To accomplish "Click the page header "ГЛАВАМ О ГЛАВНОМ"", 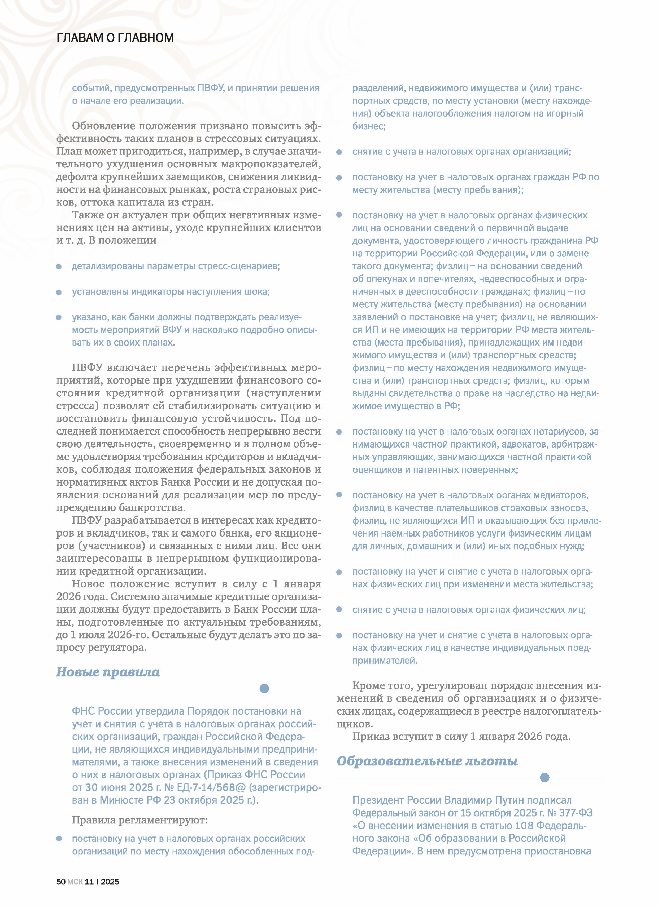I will [x=115, y=38].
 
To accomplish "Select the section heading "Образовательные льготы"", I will [x=427, y=761].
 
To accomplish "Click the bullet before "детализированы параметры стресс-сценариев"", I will [x=59, y=267].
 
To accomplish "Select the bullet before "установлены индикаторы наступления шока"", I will [x=59, y=292].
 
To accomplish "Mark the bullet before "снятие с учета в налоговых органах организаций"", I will [x=339, y=152].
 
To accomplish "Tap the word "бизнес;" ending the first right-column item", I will [x=369, y=126].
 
